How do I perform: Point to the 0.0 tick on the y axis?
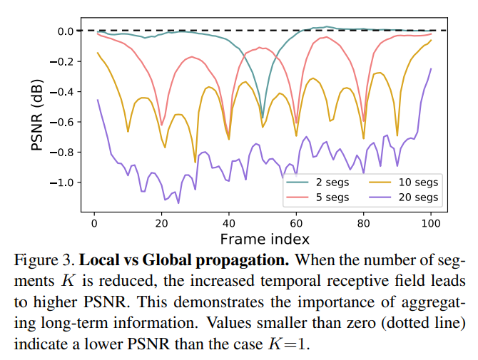(x=66, y=31)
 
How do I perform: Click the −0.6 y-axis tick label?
(x=62, y=122)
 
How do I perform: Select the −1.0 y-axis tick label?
(x=62, y=182)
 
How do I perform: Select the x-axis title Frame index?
(x=265, y=237)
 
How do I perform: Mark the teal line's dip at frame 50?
(x=263, y=117)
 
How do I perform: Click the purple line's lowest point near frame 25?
(x=178, y=203)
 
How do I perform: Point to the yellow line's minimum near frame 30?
(x=195, y=162)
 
